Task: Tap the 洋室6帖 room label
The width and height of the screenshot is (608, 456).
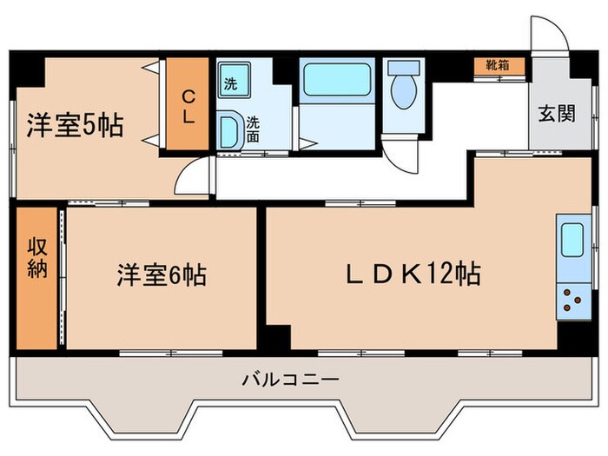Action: pos(162,277)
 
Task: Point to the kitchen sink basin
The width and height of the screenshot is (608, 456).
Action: pos(572,240)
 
